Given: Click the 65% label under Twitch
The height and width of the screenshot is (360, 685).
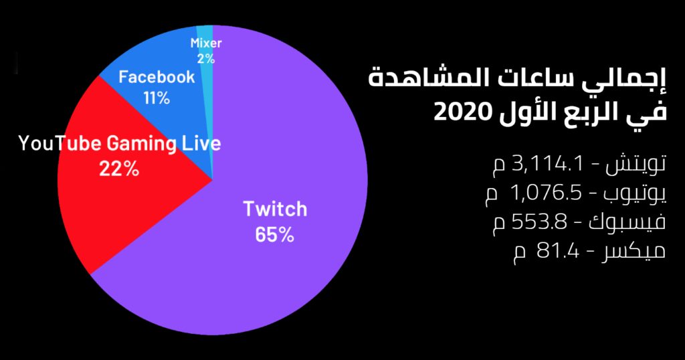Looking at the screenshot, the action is [275, 235].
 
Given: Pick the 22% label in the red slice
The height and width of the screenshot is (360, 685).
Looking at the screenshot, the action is [119, 169].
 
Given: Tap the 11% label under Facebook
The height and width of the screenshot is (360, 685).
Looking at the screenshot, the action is [157, 98].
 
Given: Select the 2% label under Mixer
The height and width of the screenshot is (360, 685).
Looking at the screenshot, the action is [206, 58].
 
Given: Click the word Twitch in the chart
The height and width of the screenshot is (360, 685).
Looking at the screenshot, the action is [275, 209].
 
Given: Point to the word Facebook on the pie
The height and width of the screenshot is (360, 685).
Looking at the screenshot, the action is [157, 77].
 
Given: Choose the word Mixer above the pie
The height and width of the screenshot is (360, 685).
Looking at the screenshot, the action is [206, 43].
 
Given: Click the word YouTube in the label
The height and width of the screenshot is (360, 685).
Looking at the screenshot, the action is [60, 144].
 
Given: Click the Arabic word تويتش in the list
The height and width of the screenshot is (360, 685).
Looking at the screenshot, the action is [635, 164].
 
